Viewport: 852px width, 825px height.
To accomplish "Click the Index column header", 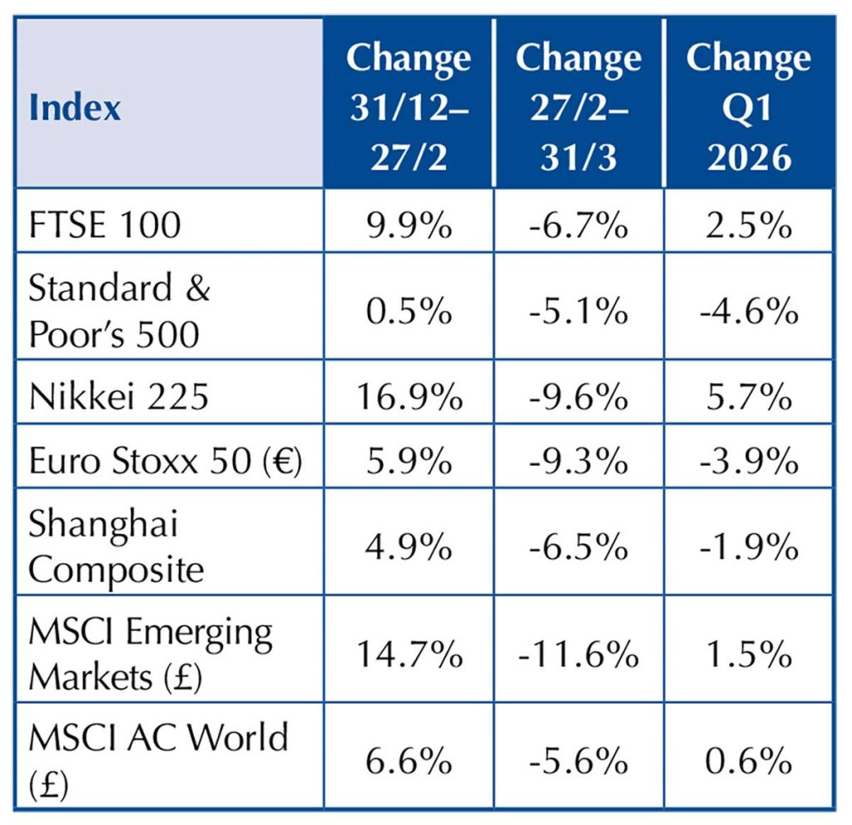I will pos(75,108).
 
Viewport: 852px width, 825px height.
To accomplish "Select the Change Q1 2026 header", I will pos(748,106).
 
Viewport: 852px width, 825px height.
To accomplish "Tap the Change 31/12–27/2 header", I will pos(408,106).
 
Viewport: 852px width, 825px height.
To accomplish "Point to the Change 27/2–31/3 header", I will pos(578,106).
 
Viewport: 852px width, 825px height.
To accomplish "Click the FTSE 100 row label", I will pos(105,225).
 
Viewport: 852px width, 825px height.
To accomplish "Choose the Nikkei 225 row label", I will pos(118,398).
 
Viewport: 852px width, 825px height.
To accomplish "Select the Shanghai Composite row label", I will pos(116,547).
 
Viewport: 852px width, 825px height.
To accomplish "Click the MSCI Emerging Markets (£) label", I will pos(150,655).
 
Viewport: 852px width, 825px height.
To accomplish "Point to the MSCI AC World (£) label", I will pos(158,759).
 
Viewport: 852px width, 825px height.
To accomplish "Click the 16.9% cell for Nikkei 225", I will pos(408,398).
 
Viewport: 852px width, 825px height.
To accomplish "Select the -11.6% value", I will pos(578,655).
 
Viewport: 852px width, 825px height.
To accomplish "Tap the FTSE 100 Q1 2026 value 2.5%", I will pos(748,225).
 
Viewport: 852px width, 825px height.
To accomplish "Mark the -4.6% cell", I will pos(748,313).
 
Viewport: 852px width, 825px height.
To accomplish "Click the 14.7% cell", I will pos(408,655).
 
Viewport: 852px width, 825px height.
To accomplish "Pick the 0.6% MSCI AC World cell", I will pos(748,760).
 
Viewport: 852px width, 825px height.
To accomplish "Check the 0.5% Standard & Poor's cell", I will pos(408,313).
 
